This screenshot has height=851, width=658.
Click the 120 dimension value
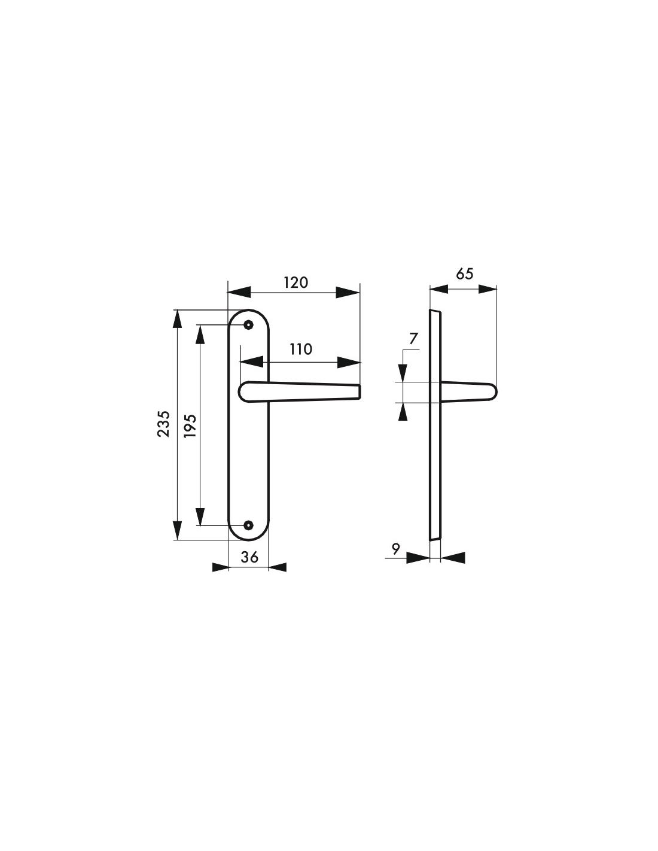coord(296,282)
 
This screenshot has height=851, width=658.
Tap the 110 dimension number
coord(300,349)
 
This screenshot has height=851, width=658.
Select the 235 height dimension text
coord(164,424)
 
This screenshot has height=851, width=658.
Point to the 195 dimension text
coord(190,425)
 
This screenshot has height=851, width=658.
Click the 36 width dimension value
coord(249,557)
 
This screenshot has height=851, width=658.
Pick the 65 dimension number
coord(465,273)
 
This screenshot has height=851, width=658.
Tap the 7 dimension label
coord(414,338)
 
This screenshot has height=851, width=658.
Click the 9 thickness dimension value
coord(396,549)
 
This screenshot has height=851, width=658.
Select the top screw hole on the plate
coord(248,324)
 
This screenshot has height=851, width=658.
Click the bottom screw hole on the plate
coord(248,525)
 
